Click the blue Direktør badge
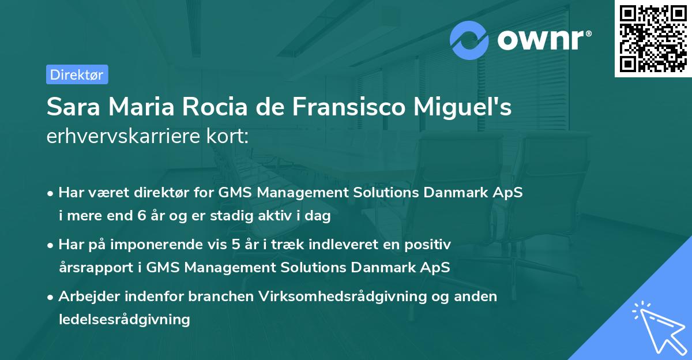(x=77, y=74)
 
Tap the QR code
(x=653, y=39)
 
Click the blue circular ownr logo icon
(x=469, y=40)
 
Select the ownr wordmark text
(x=544, y=40)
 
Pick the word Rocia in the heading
(x=215, y=107)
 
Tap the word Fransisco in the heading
(x=349, y=107)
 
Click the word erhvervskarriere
(x=123, y=136)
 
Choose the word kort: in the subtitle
(x=228, y=136)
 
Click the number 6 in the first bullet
(x=142, y=215)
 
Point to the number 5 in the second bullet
(x=236, y=244)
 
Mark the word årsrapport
(x=96, y=268)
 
